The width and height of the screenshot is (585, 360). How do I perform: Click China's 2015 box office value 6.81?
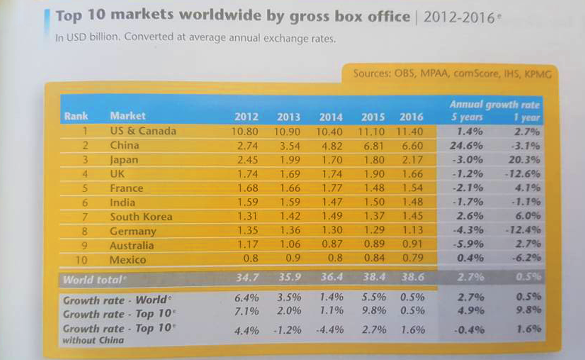[x=374, y=146]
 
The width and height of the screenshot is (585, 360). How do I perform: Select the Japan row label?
[x=124, y=160]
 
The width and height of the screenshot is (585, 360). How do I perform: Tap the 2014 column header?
[x=330, y=117]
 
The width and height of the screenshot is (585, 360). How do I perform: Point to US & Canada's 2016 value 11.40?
[x=410, y=132]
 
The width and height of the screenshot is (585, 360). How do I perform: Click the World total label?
[x=94, y=280]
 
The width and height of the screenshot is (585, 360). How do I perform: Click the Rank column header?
[x=76, y=116]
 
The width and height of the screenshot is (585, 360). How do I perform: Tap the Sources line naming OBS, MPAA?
[x=452, y=73]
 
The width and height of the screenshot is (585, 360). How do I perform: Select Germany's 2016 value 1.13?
[x=412, y=230]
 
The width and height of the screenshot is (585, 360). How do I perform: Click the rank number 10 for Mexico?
[x=81, y=260]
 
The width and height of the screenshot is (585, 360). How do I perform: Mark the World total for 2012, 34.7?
[x=247, y=277]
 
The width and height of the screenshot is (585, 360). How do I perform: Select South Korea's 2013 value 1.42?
[x=290, y=216]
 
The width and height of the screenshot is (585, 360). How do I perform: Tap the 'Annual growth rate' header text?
[x=494, y=105]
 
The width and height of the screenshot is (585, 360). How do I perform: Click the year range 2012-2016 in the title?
[x=459, y=18]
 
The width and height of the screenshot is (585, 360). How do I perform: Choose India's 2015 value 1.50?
[x=374, y=202]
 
